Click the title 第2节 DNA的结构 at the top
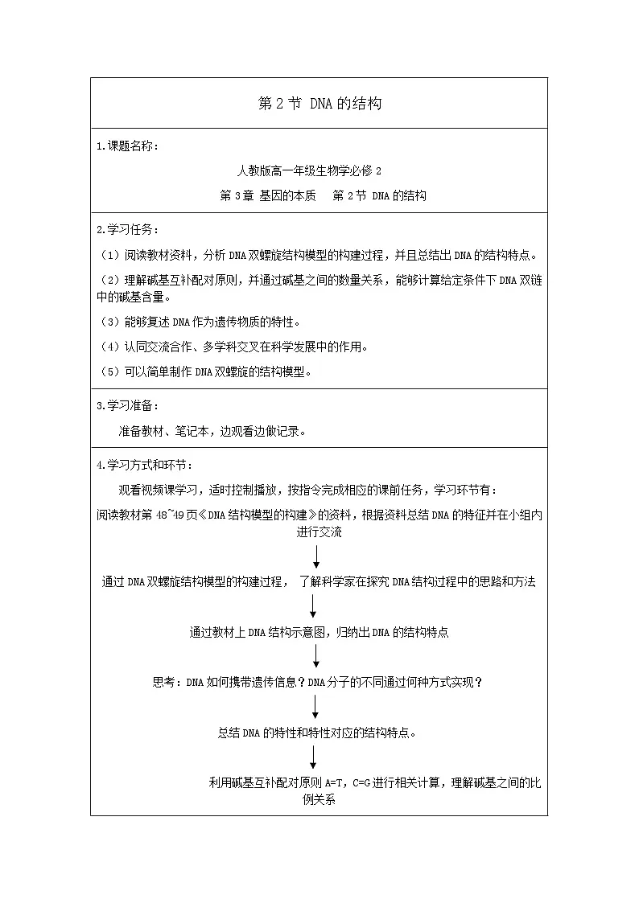click(x=319, y=104)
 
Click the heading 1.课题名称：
click(x=127, y=146)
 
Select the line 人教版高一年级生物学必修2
click(x=309, y=171)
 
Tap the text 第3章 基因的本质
click(x=268, y=196)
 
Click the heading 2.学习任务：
click(x=127, y=230)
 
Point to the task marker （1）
click(x=109, y=255)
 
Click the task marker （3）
click(x=109, y=322)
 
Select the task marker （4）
click(x=109, y=347)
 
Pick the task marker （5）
click(x=109, y=372)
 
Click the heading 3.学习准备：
click(x=127, y=406)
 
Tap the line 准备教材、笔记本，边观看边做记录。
click(x=212, y=431)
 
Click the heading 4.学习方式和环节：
click(x=145, y=466)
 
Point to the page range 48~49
click(x=170, y=515)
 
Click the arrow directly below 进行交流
click(x=315, y=557)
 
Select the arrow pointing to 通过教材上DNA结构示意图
click(x=313, y=606)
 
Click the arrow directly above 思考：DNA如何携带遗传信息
click(x=315, y=656)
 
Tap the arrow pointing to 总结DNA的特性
click(x=315, y=707)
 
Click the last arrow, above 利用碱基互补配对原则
click(x=313, y=757)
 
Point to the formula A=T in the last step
click(x=335, y=783)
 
